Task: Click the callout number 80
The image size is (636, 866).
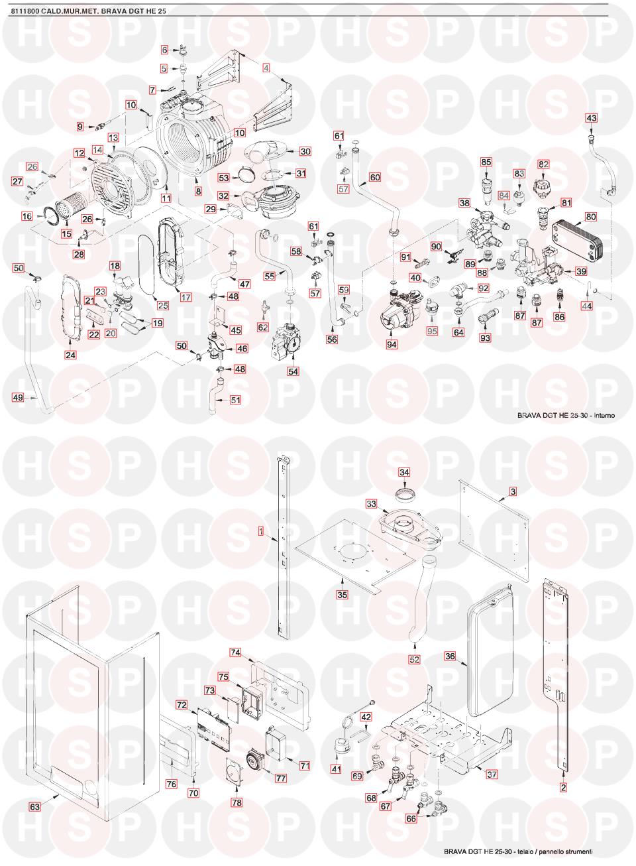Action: pos(591,217)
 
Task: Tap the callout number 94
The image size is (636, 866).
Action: pos(392,344)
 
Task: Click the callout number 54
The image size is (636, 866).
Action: pos(293,371)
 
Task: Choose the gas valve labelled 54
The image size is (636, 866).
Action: pos(289,343)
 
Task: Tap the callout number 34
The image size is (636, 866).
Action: pos(404,472)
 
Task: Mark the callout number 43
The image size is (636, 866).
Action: pos(591,117)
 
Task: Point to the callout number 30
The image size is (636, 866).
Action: pos(305,151)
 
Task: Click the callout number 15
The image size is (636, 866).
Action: pos(66,233)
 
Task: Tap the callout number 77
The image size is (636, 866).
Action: pos(281,777)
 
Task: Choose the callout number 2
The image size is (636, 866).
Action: pos(563,787)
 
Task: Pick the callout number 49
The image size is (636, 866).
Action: pos(18,397)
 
